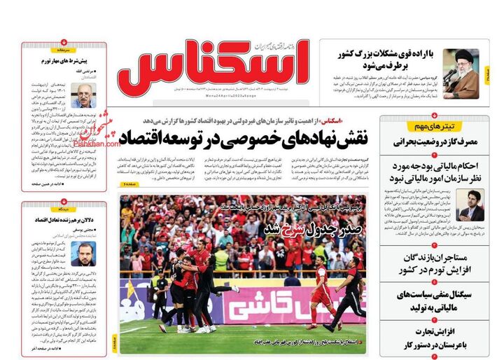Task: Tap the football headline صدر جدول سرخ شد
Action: (302, 230)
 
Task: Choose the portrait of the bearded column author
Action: (83, 254)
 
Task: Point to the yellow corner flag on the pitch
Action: (129, 292)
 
